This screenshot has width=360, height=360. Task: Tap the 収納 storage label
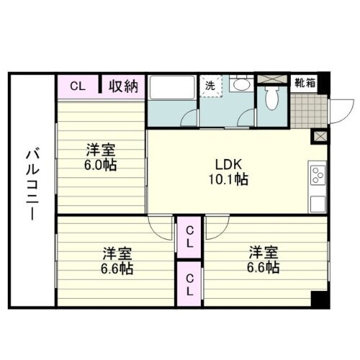click(x=123, y=86)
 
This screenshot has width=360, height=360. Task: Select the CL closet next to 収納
click(x=78, y=86)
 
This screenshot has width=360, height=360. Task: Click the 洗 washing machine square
click(x=211, y=85)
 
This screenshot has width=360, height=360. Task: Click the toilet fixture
click(x=272, y=96)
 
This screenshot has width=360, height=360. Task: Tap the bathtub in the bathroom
click(x=171, y=91)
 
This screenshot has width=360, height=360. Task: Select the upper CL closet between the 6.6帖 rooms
click(x=189, y=235)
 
